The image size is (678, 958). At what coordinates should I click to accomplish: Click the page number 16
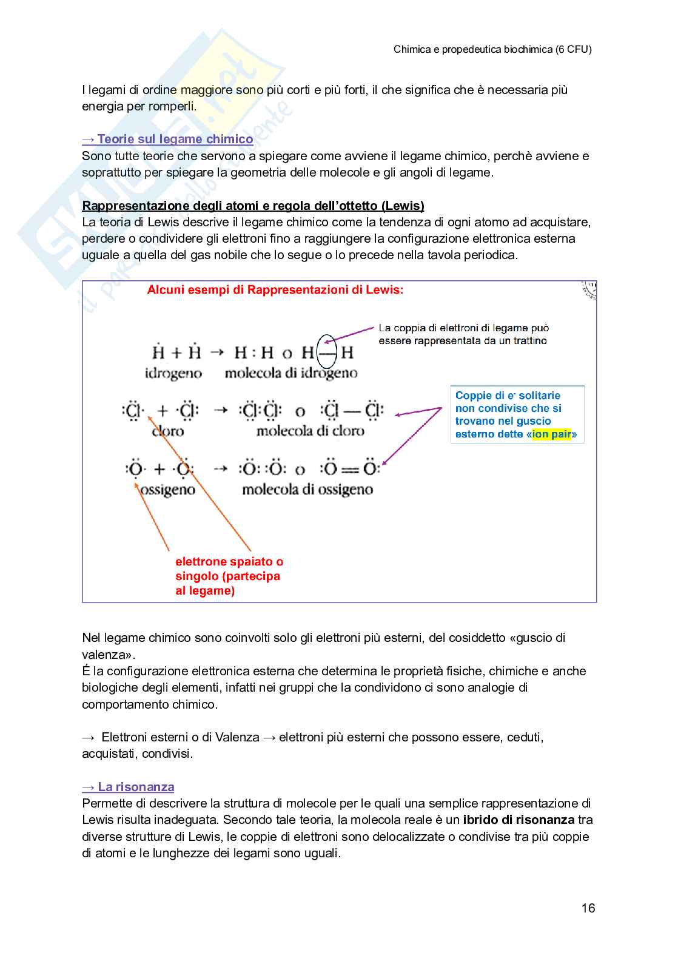pos(588,908)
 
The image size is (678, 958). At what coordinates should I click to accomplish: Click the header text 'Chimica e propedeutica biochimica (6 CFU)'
pos(492,50)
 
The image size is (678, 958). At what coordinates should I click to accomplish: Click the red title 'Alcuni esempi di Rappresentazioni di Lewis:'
pos(275,290)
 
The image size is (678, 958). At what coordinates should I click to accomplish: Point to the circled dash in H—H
pos(327,352)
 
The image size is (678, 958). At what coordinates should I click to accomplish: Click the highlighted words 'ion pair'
pos(551,434)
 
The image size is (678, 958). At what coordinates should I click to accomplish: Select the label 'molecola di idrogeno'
pos(290,373)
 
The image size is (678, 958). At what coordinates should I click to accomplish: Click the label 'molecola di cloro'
pos(310,431)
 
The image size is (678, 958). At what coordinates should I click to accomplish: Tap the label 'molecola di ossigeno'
pos(307,489)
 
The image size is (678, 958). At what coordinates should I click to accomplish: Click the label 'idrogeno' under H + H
pos(173,373)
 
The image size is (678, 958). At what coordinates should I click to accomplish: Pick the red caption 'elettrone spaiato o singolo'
pos(229,568)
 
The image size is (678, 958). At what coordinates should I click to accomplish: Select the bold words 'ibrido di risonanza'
pos(518,820)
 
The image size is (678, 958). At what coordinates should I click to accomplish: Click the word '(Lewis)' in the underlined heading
pos(403,206)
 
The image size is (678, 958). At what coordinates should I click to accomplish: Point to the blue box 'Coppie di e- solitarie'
pos(517,414)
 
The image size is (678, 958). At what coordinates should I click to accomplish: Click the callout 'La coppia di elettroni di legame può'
pos(463,328)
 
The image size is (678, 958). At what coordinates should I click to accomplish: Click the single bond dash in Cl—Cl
pos(352,411)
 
